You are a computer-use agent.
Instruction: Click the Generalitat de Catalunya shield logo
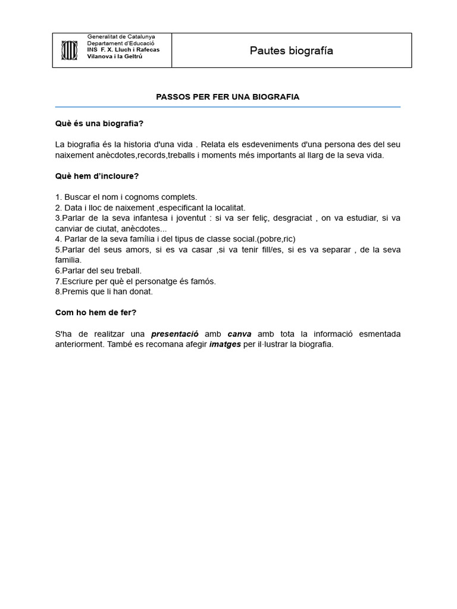pos(69,50)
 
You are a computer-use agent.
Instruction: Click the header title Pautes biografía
pos(292,51)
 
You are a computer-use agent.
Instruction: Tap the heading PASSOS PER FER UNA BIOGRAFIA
pos(227,96)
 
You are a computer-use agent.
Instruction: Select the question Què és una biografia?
pos(99,124)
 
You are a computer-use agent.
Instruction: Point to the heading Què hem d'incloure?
pos(97,176)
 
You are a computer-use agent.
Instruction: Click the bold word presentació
pos(174,334)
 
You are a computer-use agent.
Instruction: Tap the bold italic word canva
pos(239,334)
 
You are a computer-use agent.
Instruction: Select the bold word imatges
pos(225,344)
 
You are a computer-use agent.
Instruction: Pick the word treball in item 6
pos(127,271)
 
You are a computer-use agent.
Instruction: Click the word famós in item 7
pos(203,281)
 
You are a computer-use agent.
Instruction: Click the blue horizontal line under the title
pos(227,107)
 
